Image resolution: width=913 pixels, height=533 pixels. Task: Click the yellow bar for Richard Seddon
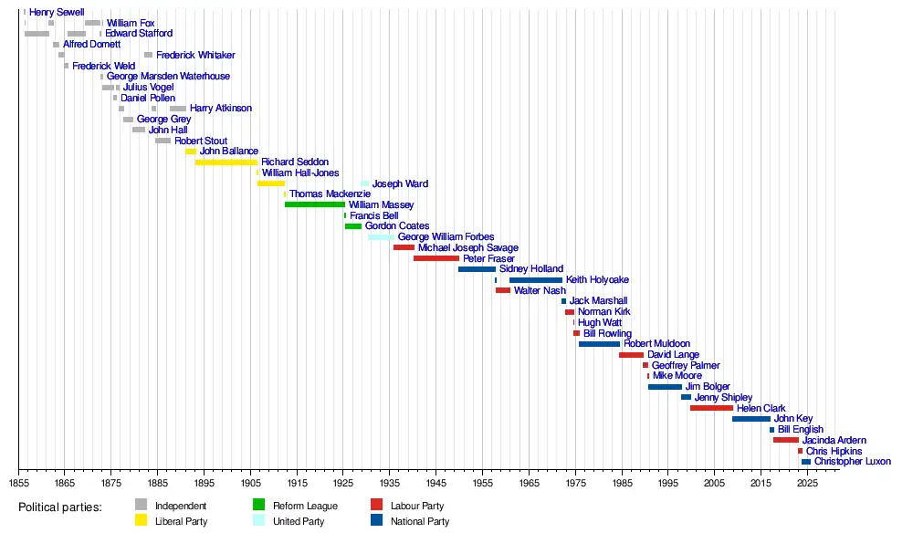(x=226, y=162)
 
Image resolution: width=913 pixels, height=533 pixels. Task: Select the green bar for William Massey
(x=315, y=204)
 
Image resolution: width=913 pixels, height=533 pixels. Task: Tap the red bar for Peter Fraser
(x=436, y=258)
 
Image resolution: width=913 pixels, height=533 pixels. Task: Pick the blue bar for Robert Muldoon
(x=599, y=344)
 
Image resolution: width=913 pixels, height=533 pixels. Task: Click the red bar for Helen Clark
(x=711, y=408)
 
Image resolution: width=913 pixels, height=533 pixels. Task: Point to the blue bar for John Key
(x=751, y=419)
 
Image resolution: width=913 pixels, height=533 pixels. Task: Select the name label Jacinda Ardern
(x=834, y=440)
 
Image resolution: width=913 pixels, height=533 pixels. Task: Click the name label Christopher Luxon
(x=853, y=462)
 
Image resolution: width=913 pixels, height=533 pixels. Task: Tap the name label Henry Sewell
(x=57, y=12)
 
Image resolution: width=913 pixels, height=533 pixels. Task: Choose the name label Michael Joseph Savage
(x=468, y=247)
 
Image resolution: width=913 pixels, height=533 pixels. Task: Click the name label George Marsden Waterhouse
(x=168, y=77)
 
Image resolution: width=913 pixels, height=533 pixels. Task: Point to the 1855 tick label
(x=18, y=483)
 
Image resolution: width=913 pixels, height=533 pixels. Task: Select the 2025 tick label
(x=808, y=483)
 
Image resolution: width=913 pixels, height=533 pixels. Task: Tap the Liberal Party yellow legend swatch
(x=141, y=521)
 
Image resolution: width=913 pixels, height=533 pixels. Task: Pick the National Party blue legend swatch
(x=376, y=521)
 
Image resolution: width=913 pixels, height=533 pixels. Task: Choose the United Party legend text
(x=300, y=522)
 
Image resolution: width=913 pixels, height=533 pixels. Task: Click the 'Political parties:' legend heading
(x=60, y=507)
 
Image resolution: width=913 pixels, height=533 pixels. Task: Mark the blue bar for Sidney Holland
(x=477, y=269)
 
